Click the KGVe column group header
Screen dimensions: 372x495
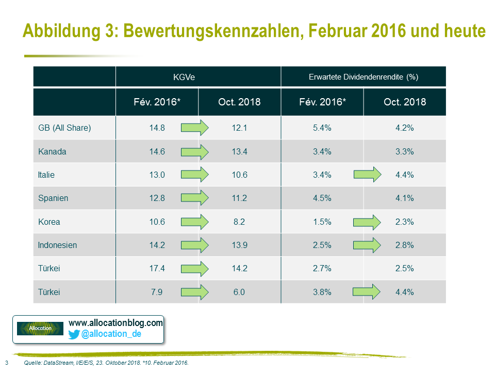tap(198, 77)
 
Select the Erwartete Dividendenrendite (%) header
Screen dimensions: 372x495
tap(363, 77)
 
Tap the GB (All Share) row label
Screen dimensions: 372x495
tap(64, 128)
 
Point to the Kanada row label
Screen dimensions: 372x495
tap(52, 151)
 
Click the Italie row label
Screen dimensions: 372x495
tap(46, 175)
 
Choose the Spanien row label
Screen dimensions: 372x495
tap(53, 198)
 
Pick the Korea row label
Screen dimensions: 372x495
tap(49, 222)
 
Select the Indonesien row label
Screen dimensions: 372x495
tap(57, 245)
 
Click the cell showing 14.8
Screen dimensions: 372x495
tap(156, 128)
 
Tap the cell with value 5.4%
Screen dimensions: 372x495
tap(322, 128)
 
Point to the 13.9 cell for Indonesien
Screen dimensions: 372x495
tap(239, 245)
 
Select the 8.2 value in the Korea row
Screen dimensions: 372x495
tap(239, 222)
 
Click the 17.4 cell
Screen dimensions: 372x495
tap(156, 269)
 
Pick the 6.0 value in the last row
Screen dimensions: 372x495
tap(239, 292)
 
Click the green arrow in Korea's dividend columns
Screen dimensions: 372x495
tap(367, 222)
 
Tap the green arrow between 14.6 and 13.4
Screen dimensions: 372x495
tap(194, 151)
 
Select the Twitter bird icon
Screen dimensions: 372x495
tap(74, 334)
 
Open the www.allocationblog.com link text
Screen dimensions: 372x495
tap(115, 323)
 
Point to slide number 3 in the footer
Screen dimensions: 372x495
tap(6, 363)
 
